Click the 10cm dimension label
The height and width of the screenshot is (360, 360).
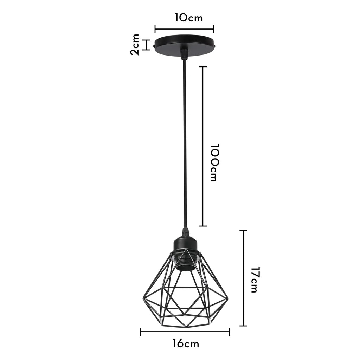[189, 18]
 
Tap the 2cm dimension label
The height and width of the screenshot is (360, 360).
[135, 45]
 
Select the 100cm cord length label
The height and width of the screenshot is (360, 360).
[213, 162]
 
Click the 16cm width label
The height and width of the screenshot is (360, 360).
[186, 343]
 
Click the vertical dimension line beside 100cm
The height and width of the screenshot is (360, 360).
[202, 146]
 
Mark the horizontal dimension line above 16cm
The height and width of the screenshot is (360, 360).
[185, 331]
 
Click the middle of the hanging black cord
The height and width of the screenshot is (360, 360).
[184, 144]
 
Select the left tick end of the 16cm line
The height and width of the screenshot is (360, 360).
[140, 331]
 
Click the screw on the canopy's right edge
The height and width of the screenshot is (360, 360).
[215, 46]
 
